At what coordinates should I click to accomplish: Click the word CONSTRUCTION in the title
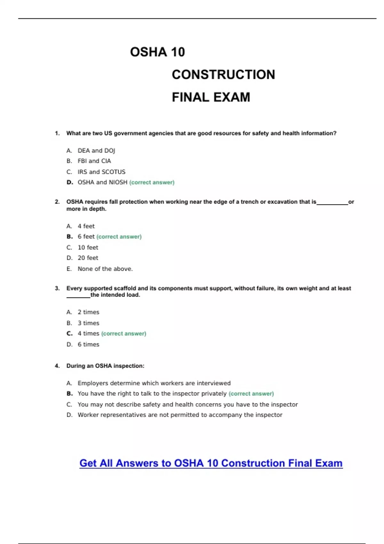pos(223,75)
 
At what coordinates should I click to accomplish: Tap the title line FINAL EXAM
pos(211,97)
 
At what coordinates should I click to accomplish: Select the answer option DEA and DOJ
pos(96,150)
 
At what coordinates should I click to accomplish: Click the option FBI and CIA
pos(94,161)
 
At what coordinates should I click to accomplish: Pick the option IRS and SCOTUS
pos(101,172)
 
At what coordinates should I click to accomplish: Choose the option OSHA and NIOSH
pos(102,182)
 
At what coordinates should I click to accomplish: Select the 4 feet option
pos(86,226)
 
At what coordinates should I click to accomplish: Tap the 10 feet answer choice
pos(88,247)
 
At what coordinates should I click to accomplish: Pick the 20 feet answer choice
pos(88,258)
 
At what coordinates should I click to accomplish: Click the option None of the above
pos(105,269)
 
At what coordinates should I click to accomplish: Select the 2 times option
pos(88,312)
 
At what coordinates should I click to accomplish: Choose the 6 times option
pos(88,344)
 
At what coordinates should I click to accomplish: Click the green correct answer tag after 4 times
pos(124,333)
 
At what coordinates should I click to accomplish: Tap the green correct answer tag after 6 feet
pos(119,237)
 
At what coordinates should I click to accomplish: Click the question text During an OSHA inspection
pos(105,366)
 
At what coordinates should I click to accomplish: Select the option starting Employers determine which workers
pos(154,383)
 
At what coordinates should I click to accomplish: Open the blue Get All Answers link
pos(211,463)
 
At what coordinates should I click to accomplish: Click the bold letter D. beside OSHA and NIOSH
pos(70,182)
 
